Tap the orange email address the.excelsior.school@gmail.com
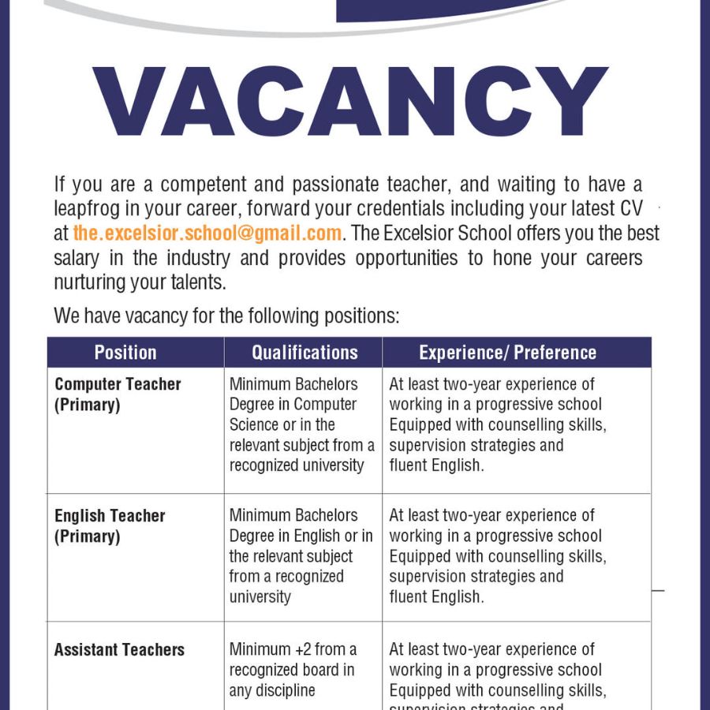coord(207,234)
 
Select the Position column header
coord(125,353)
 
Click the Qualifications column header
coord(305,353)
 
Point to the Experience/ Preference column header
coord(507,353)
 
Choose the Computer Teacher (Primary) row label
coord(118,394)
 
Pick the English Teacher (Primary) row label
coord(110,526)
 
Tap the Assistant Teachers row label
coord(119,650)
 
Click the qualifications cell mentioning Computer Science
coord(301,424)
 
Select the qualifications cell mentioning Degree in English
coord(301,555)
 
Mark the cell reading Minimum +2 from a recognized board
coord(292,670)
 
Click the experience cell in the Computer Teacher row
coord(497,424)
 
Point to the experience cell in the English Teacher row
coord(497,555)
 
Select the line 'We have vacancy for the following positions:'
coord(226,316)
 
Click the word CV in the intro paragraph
coord(631,209)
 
